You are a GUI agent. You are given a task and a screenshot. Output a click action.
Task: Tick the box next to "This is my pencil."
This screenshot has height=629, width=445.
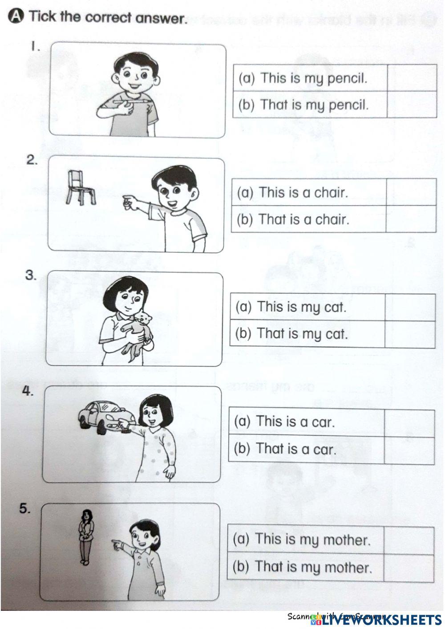[x=412, y=78]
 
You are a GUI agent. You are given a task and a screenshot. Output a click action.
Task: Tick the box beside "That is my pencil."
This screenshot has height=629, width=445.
[x=412, y=105]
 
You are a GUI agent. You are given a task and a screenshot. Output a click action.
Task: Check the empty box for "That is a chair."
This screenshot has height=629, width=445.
[x=410, y=219]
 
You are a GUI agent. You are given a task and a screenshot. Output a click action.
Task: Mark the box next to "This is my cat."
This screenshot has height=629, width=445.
[x=410, y=307]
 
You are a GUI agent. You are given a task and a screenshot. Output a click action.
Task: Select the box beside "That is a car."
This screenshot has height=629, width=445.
[x=409, y=450]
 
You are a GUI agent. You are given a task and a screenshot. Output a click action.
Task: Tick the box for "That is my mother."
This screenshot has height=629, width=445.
[x=408, y=568]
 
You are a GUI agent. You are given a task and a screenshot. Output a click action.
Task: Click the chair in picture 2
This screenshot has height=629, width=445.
[x=80, y=187]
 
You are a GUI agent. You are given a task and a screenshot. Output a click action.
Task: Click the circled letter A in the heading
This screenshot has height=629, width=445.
[x=15, y=16]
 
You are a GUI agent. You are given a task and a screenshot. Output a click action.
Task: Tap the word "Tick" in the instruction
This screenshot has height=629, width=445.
[x=42, y=17]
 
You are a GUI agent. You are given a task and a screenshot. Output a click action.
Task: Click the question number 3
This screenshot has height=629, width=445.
[x=30, y=275]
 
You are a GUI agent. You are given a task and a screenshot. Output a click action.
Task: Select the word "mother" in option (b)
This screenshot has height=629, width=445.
[x=347, y=568]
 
